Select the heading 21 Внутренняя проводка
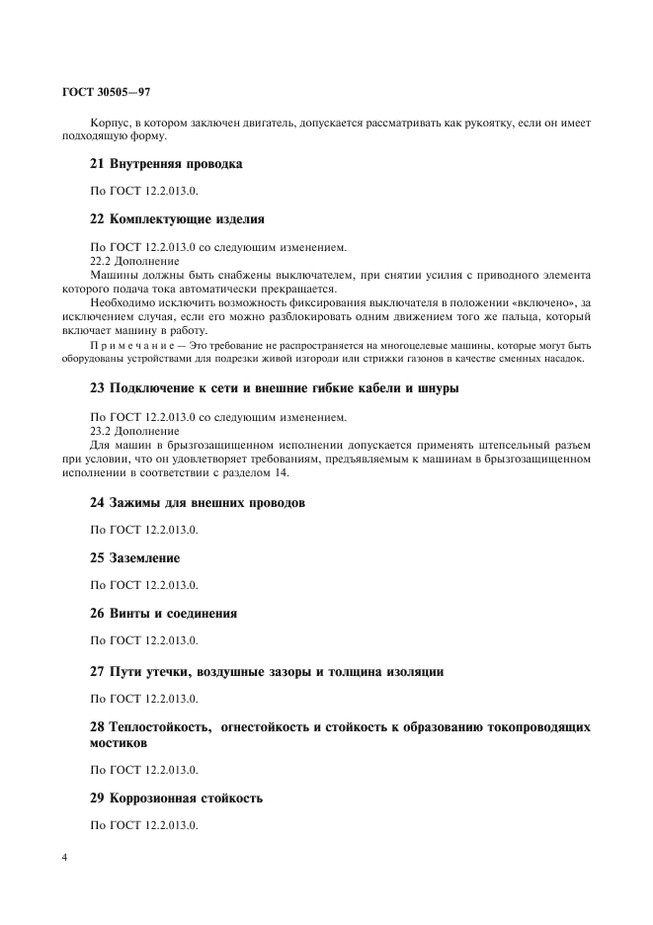(166, 163)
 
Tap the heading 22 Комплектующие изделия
(177, 218)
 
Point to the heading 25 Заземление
(134, 557)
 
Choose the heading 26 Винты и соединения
(163, 613)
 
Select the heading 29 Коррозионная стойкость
(176, 797)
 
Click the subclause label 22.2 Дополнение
(135, 261)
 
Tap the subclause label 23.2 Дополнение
(135, 430)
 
